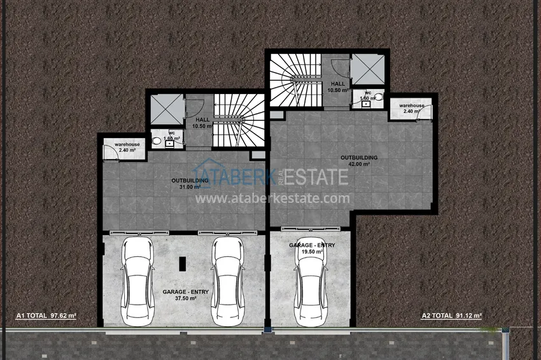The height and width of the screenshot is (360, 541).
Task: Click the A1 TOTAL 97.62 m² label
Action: [46, 315]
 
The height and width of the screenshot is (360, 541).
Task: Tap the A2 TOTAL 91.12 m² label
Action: [452, 315]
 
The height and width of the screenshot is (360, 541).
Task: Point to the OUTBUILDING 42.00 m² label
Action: [359, 160]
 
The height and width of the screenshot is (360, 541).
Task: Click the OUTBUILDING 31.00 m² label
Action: [190, 184]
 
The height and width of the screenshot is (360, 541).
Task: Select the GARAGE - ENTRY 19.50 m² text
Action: [312, 248]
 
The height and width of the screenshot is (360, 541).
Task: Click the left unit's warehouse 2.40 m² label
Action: [127, 148]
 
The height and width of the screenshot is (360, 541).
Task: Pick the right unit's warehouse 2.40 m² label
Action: [408, 108]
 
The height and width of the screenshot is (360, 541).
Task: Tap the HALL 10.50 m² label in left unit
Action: [202, 123]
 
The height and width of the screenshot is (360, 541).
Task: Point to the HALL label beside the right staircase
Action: [338, 87]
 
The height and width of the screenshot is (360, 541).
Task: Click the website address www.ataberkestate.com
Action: [272, 198]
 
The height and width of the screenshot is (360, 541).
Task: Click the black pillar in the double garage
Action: [182, 263]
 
